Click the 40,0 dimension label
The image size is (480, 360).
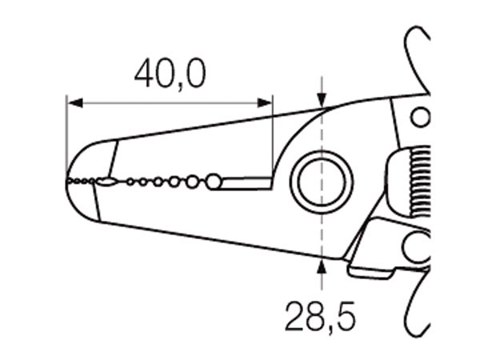click(170, 74)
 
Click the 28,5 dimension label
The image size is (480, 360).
click(321, 318)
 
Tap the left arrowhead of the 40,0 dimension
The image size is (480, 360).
click(75, 103)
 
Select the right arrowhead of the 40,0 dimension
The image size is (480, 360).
click(265, 103)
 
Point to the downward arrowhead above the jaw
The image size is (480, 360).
click(322, 100)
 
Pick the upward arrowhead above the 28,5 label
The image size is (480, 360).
click(321, 266)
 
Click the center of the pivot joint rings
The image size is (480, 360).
click(322, 182)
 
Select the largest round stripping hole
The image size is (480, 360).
click(214, 182)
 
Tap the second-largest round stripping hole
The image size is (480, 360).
click(192, 182)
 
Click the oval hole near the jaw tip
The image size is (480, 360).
click(106, 182)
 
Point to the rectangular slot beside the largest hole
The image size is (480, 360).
click(246, 183)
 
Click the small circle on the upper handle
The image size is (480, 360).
click(420, 117)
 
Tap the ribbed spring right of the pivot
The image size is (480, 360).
click(420, 182)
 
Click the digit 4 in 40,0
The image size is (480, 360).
click(146, 73)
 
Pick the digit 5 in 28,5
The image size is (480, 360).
click(345, 316)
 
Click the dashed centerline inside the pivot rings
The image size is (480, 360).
click(322, 182)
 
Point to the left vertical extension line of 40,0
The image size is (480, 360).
click(66, 138)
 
